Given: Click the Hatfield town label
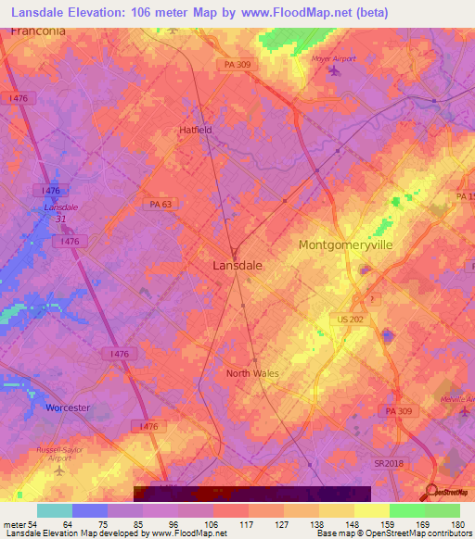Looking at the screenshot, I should coord(196,131).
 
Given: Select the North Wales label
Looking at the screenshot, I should coord(252,373).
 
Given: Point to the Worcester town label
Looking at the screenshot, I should coord(68,407).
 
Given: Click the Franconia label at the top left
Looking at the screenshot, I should coord(38,31).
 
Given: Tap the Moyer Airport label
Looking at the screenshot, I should coord(333,59).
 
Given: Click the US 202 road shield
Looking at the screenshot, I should coord(351,319).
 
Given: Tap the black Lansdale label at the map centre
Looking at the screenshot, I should coord(232,265).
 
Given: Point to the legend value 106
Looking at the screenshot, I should coord(213,524).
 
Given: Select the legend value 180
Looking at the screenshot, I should coord(459,524).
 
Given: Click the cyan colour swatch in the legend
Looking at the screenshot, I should coord(55,510).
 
